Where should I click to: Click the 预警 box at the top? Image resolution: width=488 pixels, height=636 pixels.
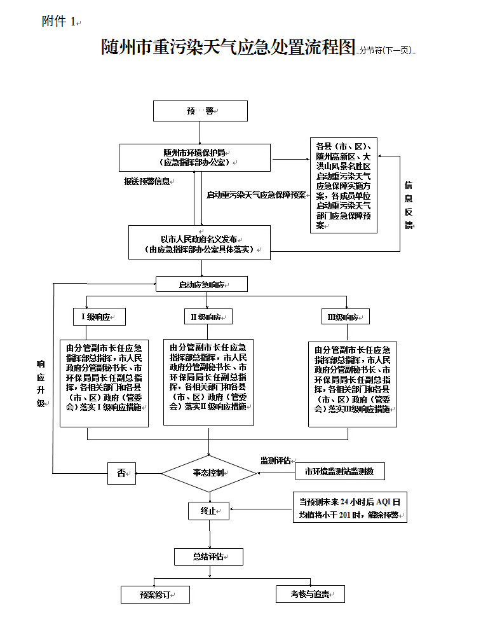(x=200, y=111)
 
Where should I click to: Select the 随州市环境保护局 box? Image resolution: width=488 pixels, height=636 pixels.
(x=194, y=157)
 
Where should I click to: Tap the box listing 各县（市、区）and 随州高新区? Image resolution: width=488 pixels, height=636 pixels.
(x=343, y=185)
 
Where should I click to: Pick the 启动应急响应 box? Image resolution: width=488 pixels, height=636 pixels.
(x=201, y=284)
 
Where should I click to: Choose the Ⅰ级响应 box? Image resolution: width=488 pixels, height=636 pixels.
(x=98, y=316)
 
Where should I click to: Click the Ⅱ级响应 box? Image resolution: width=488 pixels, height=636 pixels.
(x=208, y=316)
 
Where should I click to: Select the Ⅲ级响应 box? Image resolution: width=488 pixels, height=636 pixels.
(x=345, y=316)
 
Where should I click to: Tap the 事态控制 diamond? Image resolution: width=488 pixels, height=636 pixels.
(x=208, y=473)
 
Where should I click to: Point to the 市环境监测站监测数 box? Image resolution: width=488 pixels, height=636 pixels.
(x=339, y=471)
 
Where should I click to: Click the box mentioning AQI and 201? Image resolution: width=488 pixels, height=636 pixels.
(x=349, y=508)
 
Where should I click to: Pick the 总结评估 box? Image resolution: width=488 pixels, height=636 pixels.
(x=208, y=557)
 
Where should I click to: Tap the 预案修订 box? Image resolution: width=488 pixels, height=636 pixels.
(x=156, y=595)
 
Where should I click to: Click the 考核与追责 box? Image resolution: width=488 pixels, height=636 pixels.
(x=310, y=593)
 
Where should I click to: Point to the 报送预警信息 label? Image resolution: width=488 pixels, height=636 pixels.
(x=147, y=181)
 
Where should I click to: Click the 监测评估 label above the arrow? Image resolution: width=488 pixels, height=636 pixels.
(x=275, y=460)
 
